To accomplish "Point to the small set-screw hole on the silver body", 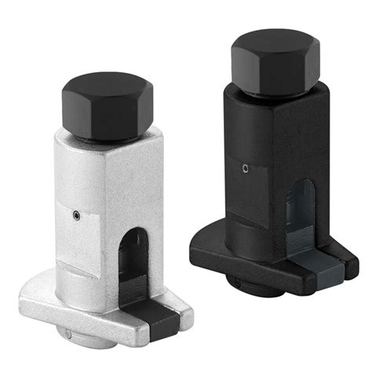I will coord(76,213).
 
